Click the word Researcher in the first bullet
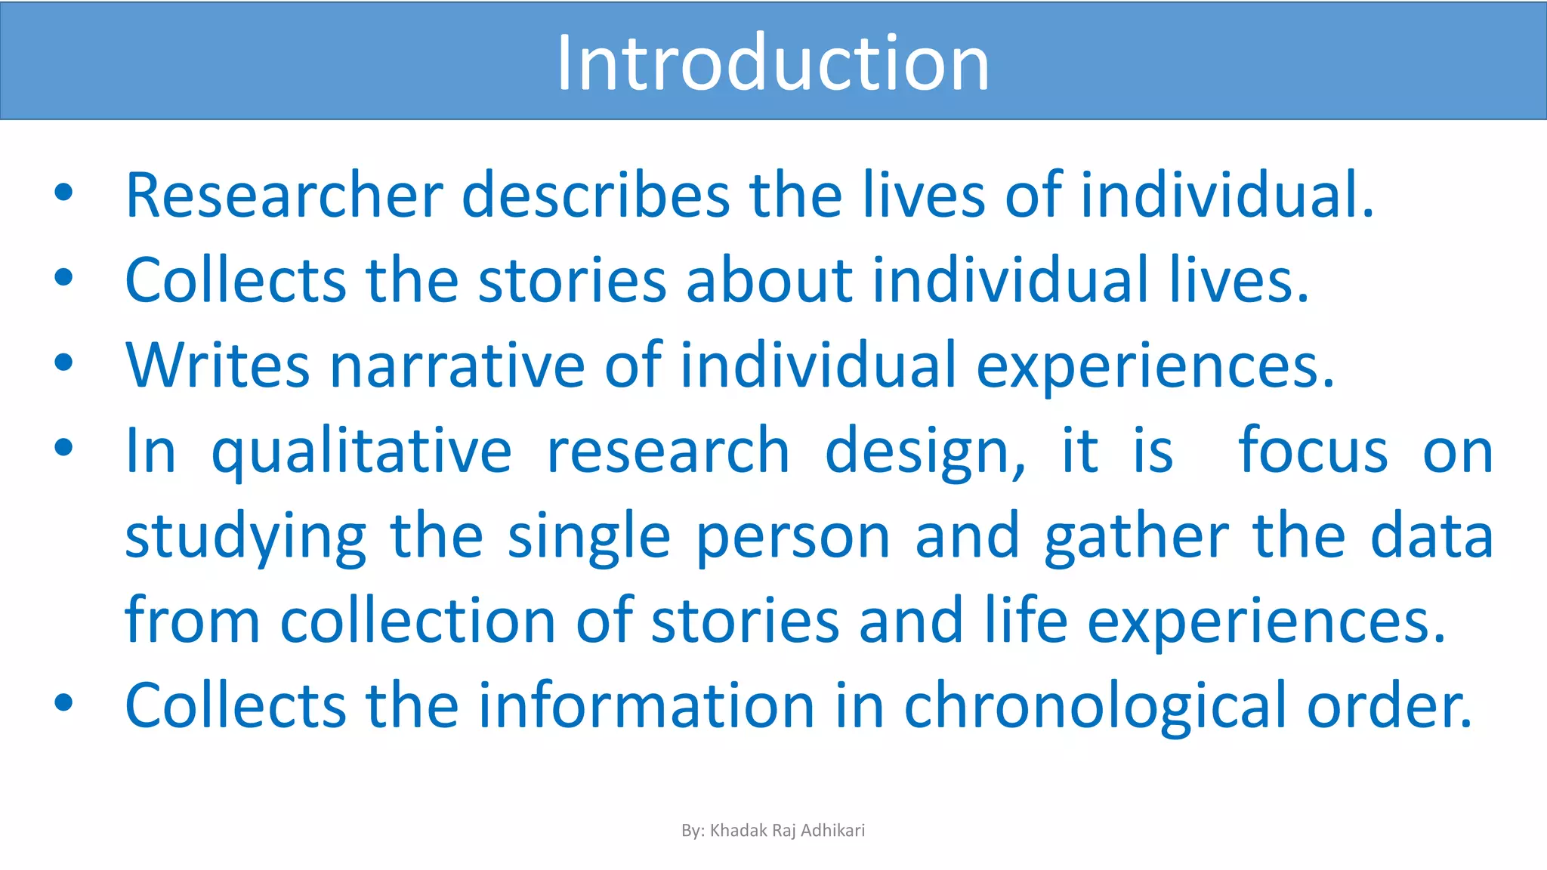tap(284, 195)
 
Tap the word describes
tap(595, 195)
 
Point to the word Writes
tap(218, 366)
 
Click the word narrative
tap(457, 366)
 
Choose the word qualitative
tap(361, 452)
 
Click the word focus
tap(1313, 452)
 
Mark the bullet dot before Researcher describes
tap(63, 193)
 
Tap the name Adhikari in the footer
tap(832, 831)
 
